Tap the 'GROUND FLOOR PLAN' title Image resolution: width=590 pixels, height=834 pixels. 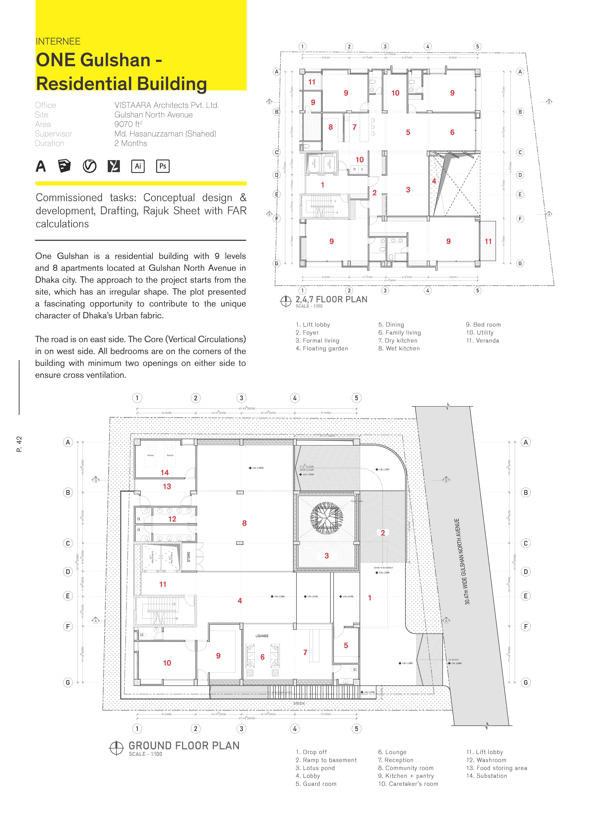tap(184, 746)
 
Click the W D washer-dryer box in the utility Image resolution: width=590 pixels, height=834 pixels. tap(358, 169)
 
